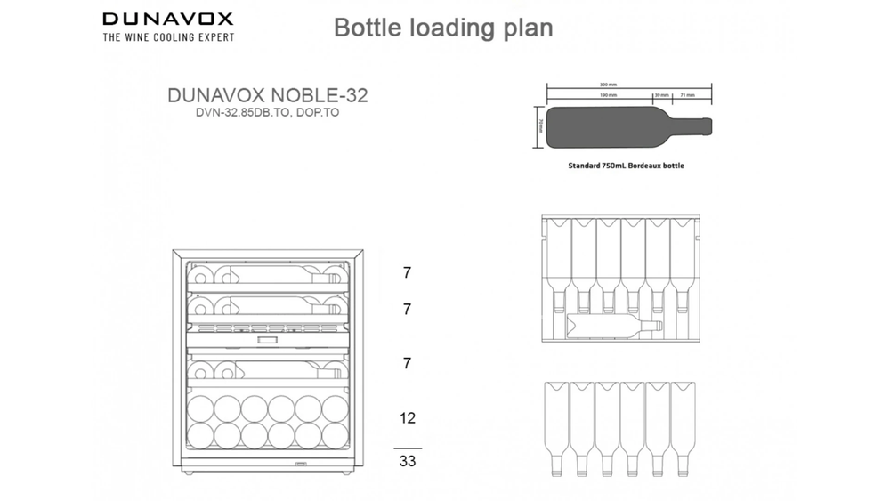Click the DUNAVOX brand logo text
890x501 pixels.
coord(167,18)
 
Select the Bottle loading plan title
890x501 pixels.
coord(443,28)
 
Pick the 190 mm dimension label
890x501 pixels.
coord(608,93)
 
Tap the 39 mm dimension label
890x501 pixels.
coord(661,93)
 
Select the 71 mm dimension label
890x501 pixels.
coord(688,93)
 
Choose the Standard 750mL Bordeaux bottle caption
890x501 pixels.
coord(627,166)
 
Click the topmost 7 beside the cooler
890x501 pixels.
coord(407,273)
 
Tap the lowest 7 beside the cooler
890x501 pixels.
coord(407,363)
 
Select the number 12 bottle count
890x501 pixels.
coord(407,417)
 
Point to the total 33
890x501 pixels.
coord(408,461)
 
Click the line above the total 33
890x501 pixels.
coord(407,448)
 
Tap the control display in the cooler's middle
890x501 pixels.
coord(265,340)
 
